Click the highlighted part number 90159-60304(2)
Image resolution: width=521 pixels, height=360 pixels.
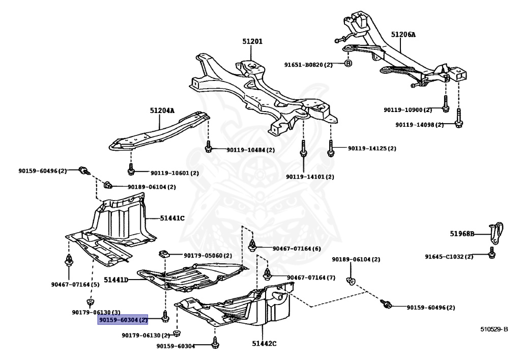click(x=123, y=320)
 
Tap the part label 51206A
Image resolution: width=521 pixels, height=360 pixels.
click(x=403, y=35)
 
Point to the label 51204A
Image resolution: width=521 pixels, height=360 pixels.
click(x=162, y=110)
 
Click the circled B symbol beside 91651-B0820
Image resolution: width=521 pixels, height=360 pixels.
click(x=348, y=64)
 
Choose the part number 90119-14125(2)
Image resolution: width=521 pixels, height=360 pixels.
click(x=371, y=149)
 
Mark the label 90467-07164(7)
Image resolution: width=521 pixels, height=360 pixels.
click(x=311, y=278)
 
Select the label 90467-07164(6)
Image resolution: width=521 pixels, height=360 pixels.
click(x=297, y=248)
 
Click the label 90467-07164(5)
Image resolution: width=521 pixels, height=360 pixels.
click(x=75, y=284)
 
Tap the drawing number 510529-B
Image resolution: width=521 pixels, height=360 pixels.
click(x=494, y=329)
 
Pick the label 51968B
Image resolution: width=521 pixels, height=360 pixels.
click(x=462, y=234)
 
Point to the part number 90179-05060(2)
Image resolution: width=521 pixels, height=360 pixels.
click(x=208, y=255)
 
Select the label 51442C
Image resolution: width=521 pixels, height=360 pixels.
click(x=264, y=344)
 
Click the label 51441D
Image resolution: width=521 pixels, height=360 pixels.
click(x=116, y=280)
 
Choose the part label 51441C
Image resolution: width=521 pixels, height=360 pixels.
click(x=172, y=218)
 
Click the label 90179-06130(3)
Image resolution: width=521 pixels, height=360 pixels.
click(x=96, y=312)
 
